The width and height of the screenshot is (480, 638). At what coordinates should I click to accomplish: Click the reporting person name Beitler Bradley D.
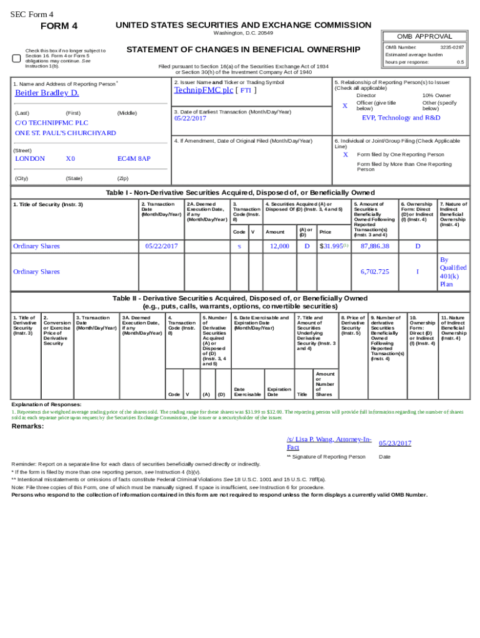point(47,93)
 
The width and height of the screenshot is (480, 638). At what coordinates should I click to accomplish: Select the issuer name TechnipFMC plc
point(203,90)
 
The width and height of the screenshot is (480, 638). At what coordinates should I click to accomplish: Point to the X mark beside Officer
point(345,105)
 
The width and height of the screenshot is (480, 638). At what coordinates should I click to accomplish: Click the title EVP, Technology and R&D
point(400,118)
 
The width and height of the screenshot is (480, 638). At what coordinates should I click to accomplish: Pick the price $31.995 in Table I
point(331,246)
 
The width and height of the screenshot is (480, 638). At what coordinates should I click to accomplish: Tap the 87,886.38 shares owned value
point(375,246)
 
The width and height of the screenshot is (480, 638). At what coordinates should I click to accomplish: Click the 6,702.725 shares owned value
point(375,272)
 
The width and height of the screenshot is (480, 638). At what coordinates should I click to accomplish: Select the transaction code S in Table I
point(239,246)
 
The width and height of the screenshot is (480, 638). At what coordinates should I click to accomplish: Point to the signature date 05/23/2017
point(395,444)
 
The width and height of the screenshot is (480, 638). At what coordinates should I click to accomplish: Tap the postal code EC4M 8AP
point(134,159)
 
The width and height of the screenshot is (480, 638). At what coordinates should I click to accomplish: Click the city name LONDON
point(30,159)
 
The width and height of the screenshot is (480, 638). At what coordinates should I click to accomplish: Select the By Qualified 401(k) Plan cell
point(453,272)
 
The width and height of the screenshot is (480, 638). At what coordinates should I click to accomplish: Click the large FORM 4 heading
point(59,26)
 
